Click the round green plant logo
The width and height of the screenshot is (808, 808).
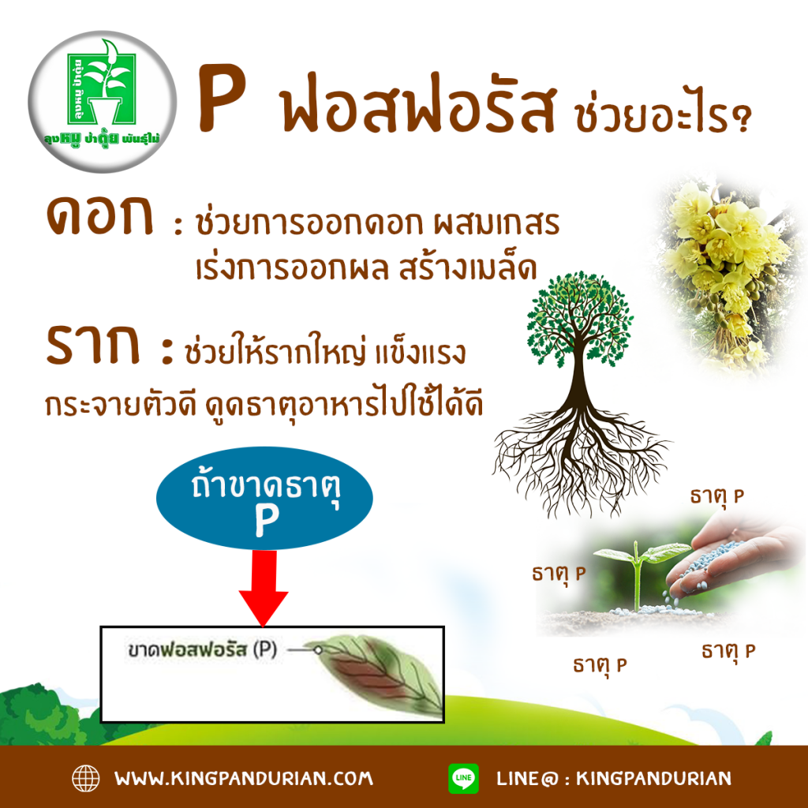(103, 102)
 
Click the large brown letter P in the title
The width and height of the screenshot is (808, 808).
(221, 98)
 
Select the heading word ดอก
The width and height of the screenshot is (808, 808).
(100, 215)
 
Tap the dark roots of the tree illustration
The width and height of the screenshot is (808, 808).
(579, 458)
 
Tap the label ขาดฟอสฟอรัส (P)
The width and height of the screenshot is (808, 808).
(202, 649)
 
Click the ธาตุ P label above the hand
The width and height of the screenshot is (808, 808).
(716, 496)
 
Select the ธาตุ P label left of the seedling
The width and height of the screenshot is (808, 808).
(559, 574)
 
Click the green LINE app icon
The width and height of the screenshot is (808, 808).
(463, 778)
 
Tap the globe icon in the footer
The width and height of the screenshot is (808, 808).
(85, 778)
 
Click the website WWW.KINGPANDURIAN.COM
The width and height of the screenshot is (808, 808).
(244, 778)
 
